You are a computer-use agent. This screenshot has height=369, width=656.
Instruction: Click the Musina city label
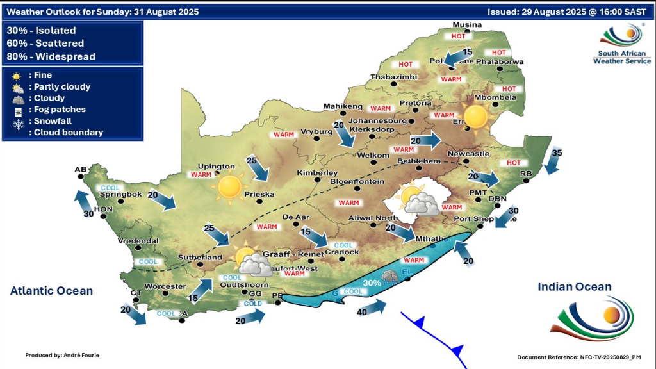466,25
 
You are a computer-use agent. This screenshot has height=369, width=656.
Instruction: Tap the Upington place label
217,166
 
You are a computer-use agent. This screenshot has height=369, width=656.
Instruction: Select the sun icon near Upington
229,187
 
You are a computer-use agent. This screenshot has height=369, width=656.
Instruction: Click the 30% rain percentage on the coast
372,283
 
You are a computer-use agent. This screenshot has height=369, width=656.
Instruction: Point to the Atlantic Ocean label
51,291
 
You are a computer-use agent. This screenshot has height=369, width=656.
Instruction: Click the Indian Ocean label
575,286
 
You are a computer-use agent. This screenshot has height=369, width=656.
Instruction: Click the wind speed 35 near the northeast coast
556,152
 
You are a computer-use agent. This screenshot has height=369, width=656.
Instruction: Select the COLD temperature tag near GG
254,303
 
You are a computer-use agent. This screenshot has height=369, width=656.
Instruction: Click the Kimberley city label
317,174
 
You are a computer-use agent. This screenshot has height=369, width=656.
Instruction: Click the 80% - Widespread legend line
51,56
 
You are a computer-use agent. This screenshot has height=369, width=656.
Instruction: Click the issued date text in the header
569,12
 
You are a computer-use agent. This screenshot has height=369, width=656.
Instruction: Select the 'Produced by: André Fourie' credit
63,355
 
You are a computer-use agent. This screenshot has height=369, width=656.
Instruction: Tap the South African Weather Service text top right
621,57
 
